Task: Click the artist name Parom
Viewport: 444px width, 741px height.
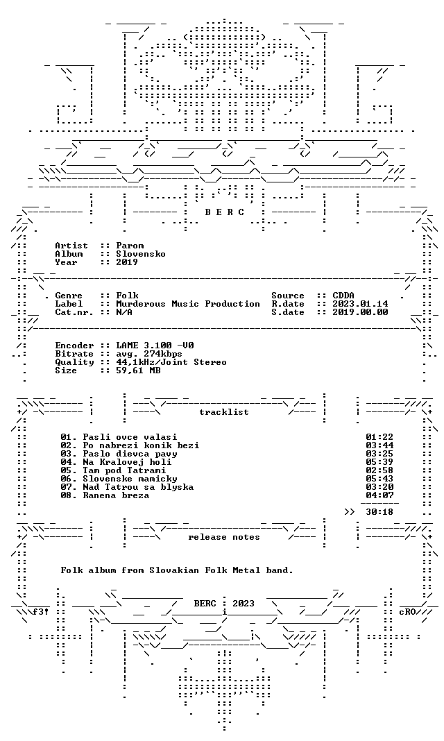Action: click(x=130, y=246)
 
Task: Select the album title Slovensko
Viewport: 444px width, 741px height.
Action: click(x=141, y=254)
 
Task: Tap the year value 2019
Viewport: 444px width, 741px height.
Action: click(x=127, y=262)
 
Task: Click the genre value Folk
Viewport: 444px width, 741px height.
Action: click(x=127, y=296)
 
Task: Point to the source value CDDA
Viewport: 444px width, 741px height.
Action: click(x=343, y=296)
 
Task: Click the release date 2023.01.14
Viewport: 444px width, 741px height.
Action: click(x=360, y=304)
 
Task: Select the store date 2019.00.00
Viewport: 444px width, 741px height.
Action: click(x=360, y=312)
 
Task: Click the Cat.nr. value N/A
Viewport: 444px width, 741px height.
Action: click(x=124, y=312)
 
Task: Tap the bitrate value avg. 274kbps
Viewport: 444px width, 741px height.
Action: click(x=148, y=354)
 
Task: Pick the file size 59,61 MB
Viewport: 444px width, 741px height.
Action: click(x=138, y=370)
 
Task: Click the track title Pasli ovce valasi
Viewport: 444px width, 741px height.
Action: click(x=130, y=437)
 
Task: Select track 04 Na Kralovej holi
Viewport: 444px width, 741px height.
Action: click(x=116, y=462)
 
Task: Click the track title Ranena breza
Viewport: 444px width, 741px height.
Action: click(x=116, y=495)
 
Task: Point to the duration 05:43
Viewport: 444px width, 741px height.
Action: click(x=379, y=479)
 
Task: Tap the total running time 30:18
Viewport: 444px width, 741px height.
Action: click(x=379, y=512)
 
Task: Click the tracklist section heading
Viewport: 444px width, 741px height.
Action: click(x=224, y=412)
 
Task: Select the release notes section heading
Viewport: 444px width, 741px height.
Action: click(x=224, y=537)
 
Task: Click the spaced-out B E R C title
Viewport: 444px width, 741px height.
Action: click(x=224, y=212)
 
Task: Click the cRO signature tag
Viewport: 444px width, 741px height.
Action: click(x=407, y=612)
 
